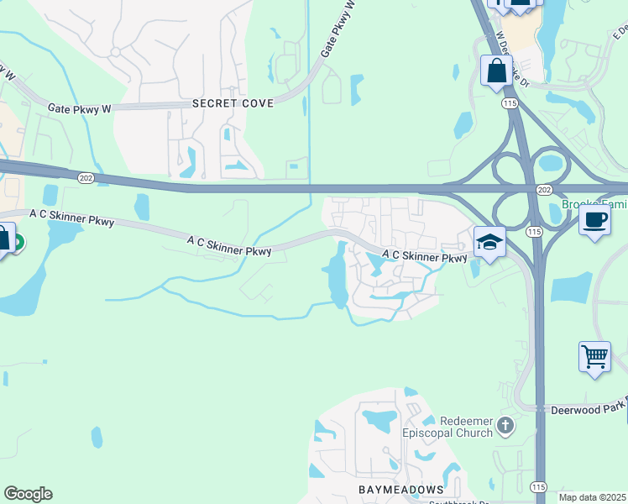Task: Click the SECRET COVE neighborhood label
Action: point(233,103)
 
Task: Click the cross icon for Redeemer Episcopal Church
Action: point(505,424)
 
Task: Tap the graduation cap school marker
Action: point(489,243)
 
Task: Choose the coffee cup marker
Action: point(594,220)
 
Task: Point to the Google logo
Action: point(28,494)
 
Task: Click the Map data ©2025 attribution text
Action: point(592,497)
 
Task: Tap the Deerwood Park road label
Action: point(588,410)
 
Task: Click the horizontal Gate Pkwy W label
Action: point(79,108)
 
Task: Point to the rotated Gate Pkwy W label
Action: point(339,30)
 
